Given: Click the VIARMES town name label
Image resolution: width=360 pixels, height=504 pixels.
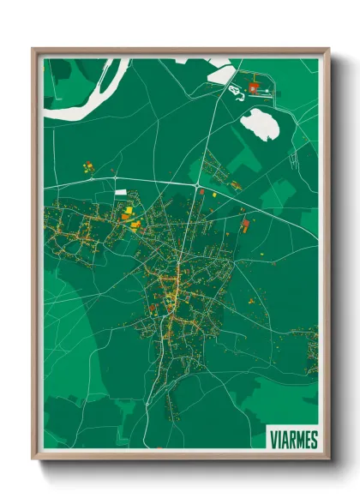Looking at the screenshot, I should tap(293, 439).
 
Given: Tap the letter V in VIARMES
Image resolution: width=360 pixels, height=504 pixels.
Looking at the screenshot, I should tap(273, 439).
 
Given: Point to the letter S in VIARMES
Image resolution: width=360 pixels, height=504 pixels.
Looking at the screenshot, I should tap(314, 439).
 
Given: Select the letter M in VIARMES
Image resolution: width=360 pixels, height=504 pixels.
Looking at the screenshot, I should tap(299, 439).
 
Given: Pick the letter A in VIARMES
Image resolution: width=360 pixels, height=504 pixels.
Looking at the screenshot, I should tap(284, 439).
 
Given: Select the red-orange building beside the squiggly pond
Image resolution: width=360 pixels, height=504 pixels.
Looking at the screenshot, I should tap(254, 87).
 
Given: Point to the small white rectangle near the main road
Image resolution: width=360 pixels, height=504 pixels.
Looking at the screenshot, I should tap(120, 192).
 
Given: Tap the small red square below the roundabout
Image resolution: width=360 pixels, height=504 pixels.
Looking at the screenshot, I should tap(201, 193).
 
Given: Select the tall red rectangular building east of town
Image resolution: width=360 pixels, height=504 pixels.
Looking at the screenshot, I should tap(244, 225).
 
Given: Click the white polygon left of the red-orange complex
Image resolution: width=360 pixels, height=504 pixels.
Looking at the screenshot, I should tap(220, 75).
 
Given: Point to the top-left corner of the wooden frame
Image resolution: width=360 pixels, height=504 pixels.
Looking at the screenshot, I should tap(33, 50).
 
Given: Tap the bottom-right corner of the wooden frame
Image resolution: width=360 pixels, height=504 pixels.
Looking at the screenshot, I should tap(328, 460).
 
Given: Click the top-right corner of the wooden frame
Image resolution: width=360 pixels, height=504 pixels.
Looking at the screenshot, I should tap(328, 50).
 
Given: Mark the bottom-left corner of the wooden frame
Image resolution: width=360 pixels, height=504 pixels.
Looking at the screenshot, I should tap(33, 460).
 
